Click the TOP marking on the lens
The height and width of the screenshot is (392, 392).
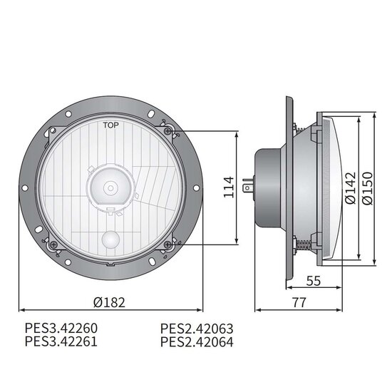tap(111, 125)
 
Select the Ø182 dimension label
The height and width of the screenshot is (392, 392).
tap(109, 302)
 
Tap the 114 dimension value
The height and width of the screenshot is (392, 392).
tap(229, 187)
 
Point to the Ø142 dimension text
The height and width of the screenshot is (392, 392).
tap(350, 188)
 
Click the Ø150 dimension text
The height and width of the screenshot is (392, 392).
tap(367, 188)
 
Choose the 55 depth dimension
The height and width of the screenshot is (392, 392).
tap(314, 281)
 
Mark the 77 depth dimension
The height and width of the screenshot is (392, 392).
tap(299, 302)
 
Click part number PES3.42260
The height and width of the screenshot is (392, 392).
tap(61, 329)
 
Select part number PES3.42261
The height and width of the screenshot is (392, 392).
tap(61, 341)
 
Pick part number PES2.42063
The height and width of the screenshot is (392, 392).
tap(197, 329)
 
